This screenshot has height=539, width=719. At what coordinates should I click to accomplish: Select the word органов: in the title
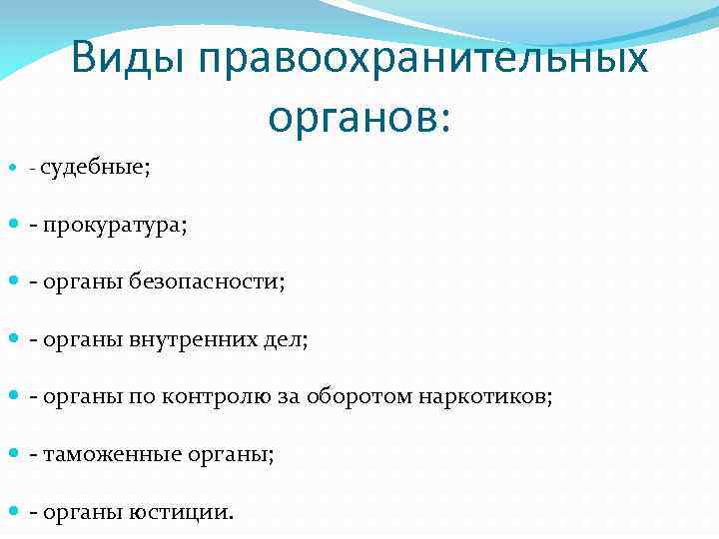point(359,117)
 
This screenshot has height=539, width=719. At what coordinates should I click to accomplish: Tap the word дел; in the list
point(287,339)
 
